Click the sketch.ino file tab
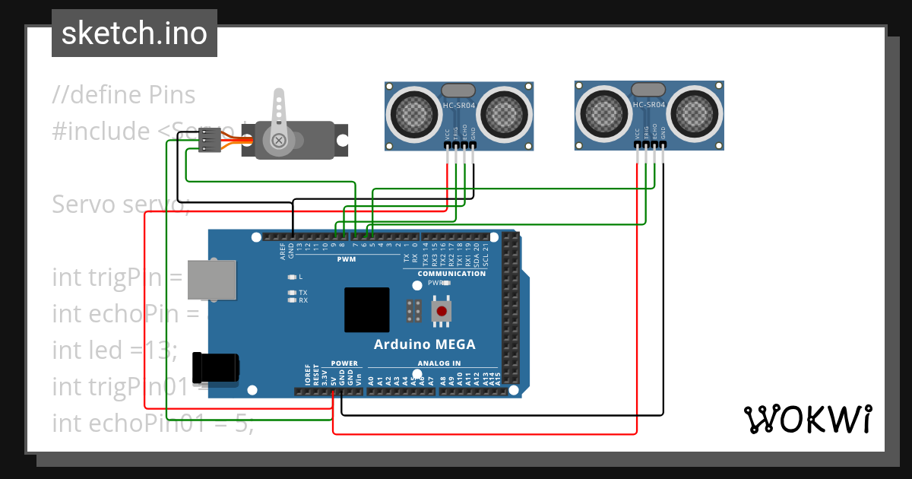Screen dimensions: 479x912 coord(134,33)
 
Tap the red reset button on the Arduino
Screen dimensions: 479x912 coord(440,310)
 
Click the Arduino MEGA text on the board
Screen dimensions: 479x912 coord(424,344)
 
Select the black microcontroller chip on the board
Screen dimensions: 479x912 coord(366,309)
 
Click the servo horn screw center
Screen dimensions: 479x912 coord(279,141)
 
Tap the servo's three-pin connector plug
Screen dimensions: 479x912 coord(210,141)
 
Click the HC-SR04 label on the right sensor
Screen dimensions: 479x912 coord(648,105)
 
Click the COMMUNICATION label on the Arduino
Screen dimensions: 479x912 coord(451,273)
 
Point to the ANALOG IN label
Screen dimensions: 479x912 coord(439,363)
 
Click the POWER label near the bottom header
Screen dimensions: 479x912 coord(344,363)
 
